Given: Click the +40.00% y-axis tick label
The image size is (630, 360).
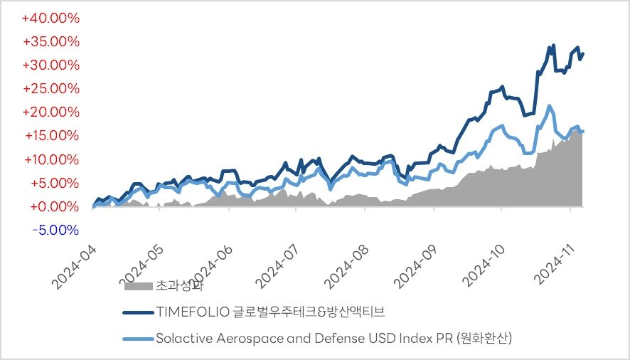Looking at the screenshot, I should coord(51,18).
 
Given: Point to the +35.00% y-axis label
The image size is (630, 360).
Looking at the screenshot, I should coord(51,41).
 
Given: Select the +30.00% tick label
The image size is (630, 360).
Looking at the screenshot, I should coord(51,65).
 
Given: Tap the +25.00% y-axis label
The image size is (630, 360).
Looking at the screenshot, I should coord(51,88).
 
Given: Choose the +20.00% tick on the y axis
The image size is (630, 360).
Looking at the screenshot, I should coord(51,112).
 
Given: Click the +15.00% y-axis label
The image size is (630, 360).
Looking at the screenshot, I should coord(51,135).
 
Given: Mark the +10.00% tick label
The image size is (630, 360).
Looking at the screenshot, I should coord(51,159).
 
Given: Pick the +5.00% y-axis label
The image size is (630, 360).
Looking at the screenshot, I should coord(54,183).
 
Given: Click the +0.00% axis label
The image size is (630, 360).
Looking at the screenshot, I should coord(54,206).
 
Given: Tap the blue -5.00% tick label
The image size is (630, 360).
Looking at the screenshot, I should coord(55,230).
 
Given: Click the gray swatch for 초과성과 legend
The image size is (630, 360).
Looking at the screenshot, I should coord(138,287).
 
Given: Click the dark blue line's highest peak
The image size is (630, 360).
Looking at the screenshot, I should coord(553,46).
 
